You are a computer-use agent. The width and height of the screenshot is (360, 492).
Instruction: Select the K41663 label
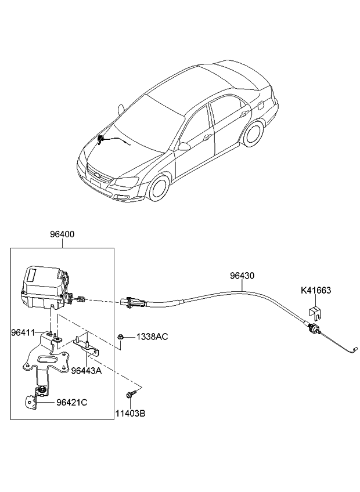pos(316,291)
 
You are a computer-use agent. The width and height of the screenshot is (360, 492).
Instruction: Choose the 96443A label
pos(86,371)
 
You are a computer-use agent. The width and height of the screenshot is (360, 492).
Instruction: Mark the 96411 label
pos(23,332)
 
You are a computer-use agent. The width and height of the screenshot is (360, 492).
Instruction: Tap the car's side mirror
pos(184,146)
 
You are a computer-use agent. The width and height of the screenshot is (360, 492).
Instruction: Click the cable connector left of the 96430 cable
pos(131,302)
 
